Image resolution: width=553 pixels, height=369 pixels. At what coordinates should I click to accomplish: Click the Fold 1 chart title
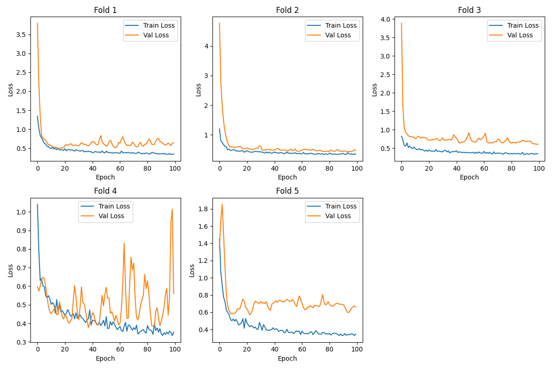(106, 10)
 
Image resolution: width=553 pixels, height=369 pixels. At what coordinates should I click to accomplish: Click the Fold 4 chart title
(106, 191)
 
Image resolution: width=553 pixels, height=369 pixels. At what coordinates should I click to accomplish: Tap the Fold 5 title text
(288, 191)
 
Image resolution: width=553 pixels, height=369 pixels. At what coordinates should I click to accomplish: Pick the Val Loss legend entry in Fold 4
(114, 216)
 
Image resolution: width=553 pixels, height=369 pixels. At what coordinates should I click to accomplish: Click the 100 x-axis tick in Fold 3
(539, 169)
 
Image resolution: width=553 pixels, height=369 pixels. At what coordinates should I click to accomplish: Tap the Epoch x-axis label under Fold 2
(288, 177)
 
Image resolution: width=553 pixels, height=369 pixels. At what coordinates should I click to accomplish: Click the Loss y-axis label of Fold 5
(192, 270)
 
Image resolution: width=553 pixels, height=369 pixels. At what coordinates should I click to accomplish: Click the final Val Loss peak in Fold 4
(172, 209)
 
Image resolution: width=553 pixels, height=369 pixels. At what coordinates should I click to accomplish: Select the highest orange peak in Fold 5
(222, 204)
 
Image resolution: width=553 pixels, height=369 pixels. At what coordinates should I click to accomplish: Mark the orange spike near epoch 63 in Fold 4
(124, 243)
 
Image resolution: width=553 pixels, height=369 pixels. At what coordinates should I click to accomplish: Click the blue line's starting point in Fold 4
(37, 204)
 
